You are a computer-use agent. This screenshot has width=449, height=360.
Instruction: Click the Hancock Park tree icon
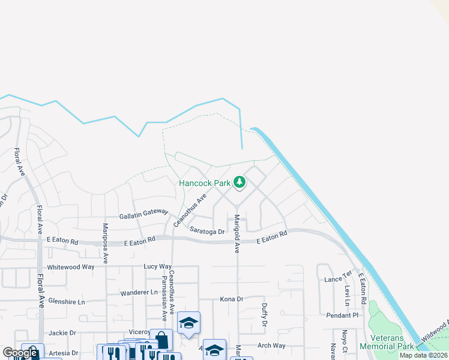click(240, 181)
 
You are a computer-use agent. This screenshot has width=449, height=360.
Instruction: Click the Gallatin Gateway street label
click(144, 216)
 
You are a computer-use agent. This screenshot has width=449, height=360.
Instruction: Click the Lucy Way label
click(158, 266)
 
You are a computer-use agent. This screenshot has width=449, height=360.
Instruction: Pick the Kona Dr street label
click(231, 299)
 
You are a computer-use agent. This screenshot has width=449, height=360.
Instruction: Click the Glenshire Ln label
click(67, 301)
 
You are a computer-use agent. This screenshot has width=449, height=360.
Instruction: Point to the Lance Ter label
click(337, 280)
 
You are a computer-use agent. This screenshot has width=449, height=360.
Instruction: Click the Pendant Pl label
click(342, 315)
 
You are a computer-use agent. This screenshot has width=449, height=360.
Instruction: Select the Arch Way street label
click(271, 346)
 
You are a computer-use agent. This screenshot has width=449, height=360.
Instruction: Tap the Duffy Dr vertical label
click(264, 314)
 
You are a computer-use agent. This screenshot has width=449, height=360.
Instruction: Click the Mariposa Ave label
click(106, 243)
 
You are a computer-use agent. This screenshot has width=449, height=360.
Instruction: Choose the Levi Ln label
click(347, 295)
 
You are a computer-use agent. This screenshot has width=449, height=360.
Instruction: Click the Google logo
click(20, 353)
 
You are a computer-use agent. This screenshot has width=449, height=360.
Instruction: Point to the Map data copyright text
click(423, 355)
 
